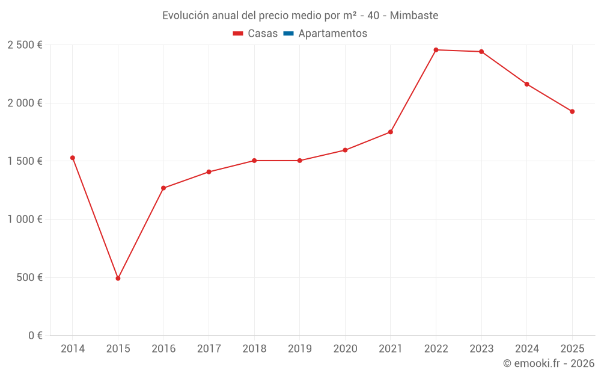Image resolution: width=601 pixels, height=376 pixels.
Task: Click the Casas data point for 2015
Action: point(118,279)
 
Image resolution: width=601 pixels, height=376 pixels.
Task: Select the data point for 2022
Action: point(436,50)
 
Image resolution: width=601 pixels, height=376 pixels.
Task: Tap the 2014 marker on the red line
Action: point(73,158)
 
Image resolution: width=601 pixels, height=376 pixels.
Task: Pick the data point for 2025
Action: point(572,111)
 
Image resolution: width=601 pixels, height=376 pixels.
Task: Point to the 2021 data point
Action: point(391,132)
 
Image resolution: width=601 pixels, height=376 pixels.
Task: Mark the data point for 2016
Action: point(163,188)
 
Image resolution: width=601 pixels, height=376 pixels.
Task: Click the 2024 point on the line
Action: point(527,84)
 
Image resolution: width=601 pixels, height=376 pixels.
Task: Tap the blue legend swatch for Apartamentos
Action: point(288,34)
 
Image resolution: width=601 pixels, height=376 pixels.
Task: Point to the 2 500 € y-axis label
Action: point(25,45)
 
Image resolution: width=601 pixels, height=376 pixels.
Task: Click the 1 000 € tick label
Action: point(25,220)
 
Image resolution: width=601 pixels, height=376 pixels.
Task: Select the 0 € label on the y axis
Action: point(35,336)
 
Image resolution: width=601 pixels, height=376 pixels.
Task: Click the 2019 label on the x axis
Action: point(300,349)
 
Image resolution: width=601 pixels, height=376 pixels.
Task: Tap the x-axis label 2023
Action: point(481,349)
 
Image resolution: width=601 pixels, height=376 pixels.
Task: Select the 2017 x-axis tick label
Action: point(209,349)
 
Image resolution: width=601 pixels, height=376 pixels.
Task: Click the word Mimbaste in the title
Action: point(414,16)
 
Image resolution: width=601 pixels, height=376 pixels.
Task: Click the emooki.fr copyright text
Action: point(549,363)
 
